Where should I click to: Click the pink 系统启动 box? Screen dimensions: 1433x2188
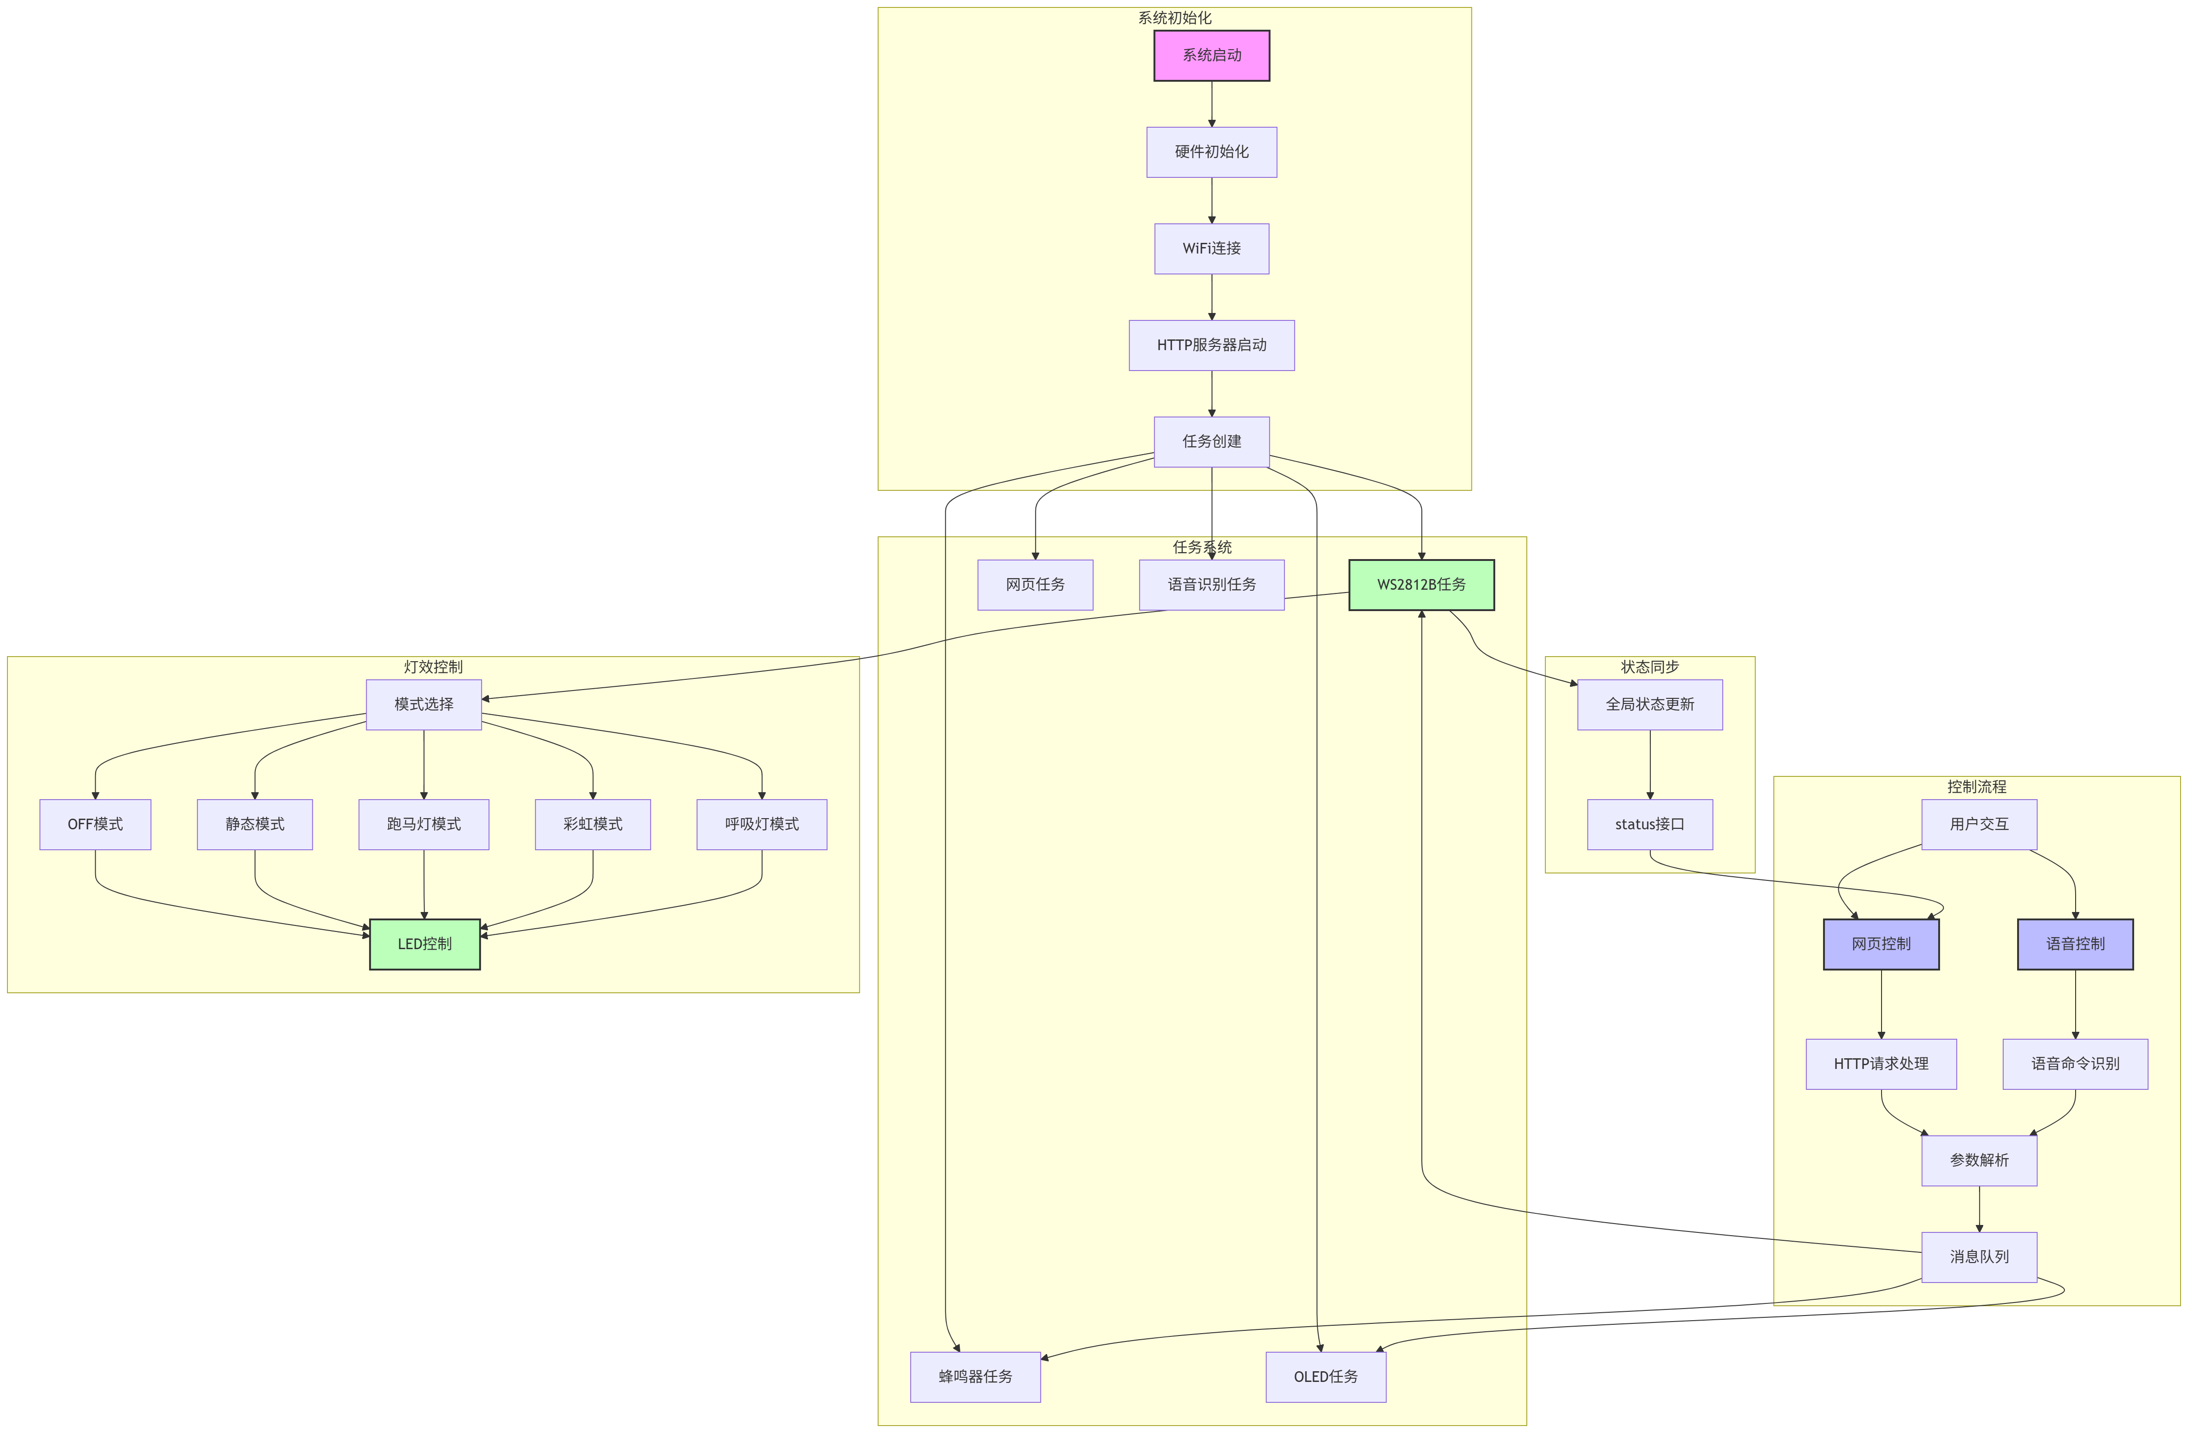point(1211,55)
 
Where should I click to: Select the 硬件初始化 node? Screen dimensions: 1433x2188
point(1211,152)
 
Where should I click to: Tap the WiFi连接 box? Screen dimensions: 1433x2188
point(1211,248)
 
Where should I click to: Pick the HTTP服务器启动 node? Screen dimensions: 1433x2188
point(1211,345)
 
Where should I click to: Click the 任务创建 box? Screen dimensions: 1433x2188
point(1211,441)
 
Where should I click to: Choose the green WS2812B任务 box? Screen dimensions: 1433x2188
point(1421,585)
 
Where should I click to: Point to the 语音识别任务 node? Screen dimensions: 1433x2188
point(1211,585)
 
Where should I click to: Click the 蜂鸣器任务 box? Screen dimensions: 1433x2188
point(976,1376)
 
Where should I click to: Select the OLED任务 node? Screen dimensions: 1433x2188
point(1326,1376)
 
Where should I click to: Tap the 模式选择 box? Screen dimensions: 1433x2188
point(424,704)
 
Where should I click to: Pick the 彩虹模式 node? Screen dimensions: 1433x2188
point(593,825)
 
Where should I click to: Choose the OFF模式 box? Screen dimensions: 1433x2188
point(96,825)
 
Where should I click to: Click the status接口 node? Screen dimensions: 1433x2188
point(1650,825)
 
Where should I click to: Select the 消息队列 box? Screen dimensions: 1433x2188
point(1980,1257)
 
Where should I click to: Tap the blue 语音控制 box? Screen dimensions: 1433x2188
point(2075,944)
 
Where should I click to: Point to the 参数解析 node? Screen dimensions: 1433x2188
point(1980,1160)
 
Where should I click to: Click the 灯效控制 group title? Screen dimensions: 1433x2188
point(433,666)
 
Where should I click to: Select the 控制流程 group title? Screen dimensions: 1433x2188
point(1977,787)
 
